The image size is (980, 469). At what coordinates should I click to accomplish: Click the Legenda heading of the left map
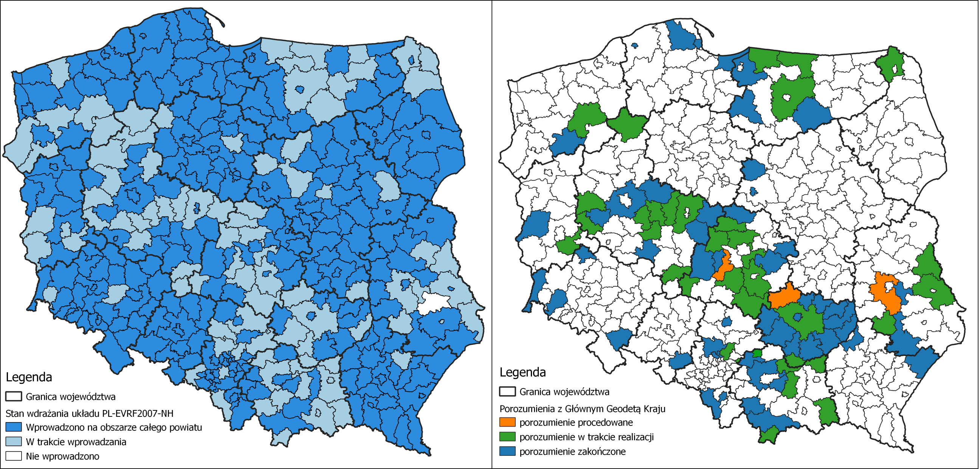click(28, 377)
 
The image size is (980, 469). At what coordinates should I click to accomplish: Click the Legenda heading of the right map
click(523, 372)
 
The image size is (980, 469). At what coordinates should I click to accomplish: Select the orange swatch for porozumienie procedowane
click(507, 422)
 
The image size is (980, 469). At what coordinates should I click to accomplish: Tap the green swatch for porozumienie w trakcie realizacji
click(507, 436)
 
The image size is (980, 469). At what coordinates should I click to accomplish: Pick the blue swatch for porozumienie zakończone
click(507, 452)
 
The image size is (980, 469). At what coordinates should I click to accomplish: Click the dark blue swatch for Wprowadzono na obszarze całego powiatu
click(13, 427)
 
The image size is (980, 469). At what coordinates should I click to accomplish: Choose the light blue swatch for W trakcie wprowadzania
click(13, 442)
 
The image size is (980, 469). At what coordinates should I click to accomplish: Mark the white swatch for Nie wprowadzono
click(13, 456)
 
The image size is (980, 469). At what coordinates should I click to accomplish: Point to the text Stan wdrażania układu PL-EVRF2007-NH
click(89, 413)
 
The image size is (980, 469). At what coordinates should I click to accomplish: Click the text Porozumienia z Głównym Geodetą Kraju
click(582, 409)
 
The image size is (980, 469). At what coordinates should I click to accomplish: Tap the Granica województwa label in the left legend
click(70, 396)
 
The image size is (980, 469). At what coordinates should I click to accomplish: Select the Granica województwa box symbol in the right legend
click(507, 391)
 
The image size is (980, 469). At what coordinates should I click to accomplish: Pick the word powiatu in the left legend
click(186, 427)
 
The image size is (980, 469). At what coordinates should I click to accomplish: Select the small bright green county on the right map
click(757, 353)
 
